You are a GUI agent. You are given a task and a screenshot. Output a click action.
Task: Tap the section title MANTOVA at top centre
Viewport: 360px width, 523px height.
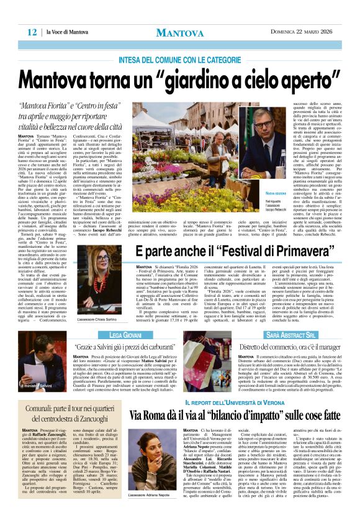point(179,31)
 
